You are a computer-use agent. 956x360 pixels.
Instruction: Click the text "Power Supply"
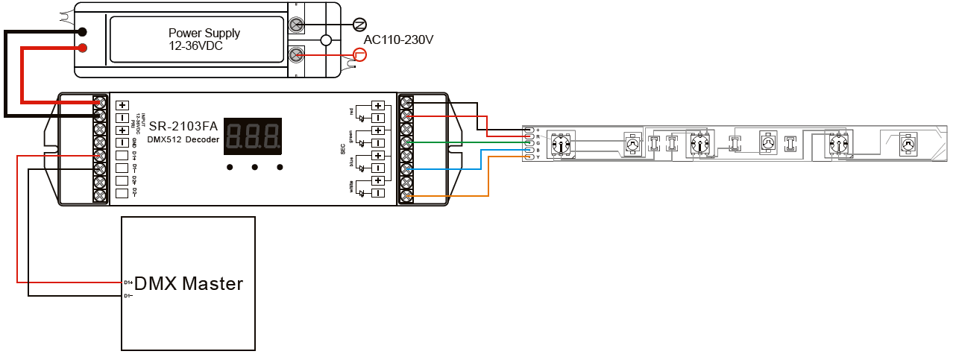[x=204, y=33]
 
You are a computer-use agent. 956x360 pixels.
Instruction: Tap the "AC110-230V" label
[x=398, y=40]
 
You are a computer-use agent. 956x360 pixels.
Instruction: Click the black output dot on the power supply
[x=82, y=32]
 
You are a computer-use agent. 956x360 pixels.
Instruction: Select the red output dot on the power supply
[x=82, y=48]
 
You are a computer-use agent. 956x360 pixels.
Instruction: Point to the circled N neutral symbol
[x=359, y=24]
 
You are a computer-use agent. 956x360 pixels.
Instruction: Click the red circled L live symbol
[x=360, y=54]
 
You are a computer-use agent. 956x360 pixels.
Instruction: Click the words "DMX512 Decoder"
[x=183, y=139]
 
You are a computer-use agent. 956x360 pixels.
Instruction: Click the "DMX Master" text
[x=189, y=283]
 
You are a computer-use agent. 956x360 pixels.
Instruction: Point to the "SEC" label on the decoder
[x=343, y=149]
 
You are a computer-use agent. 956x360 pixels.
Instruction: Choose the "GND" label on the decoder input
[x=135, y=142]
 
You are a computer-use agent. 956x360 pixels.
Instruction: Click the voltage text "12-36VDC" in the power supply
[x=196, y=46]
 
